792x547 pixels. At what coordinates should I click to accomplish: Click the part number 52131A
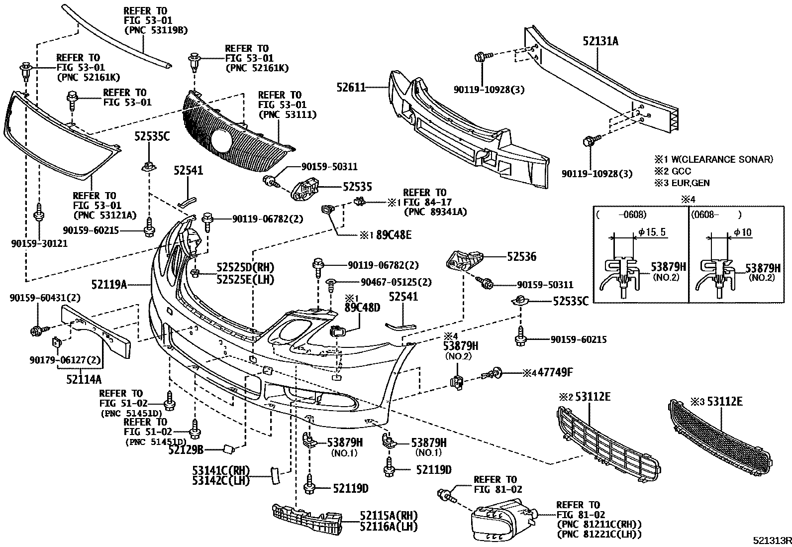600,41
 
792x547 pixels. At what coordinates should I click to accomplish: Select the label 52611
351,88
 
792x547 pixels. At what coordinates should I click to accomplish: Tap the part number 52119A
108,285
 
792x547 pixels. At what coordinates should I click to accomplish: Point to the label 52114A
84,379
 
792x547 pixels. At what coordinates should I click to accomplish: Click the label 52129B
186,450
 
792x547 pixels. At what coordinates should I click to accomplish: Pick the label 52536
522,257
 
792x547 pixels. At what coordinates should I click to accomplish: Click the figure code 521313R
771,541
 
